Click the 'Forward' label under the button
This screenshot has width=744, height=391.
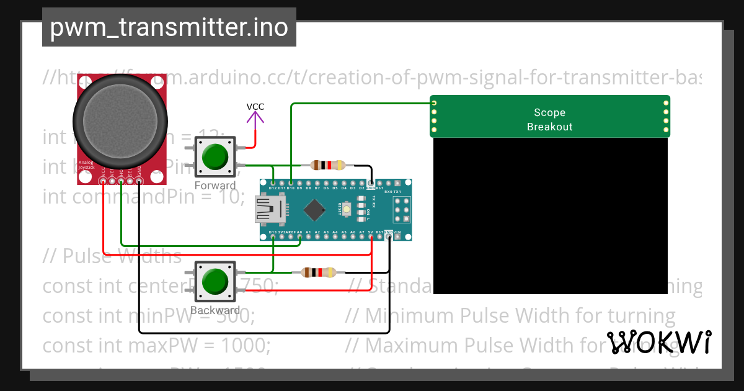(215, 186)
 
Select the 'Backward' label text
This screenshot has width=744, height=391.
(215, 310)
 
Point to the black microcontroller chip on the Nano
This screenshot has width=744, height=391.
(317, 210)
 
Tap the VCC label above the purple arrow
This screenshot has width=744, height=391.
(255, 107)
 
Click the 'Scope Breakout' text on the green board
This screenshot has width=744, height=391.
(549, 120)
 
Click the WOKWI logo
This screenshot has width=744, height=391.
(659, 342)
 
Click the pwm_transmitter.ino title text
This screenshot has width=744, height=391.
(169, 27)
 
